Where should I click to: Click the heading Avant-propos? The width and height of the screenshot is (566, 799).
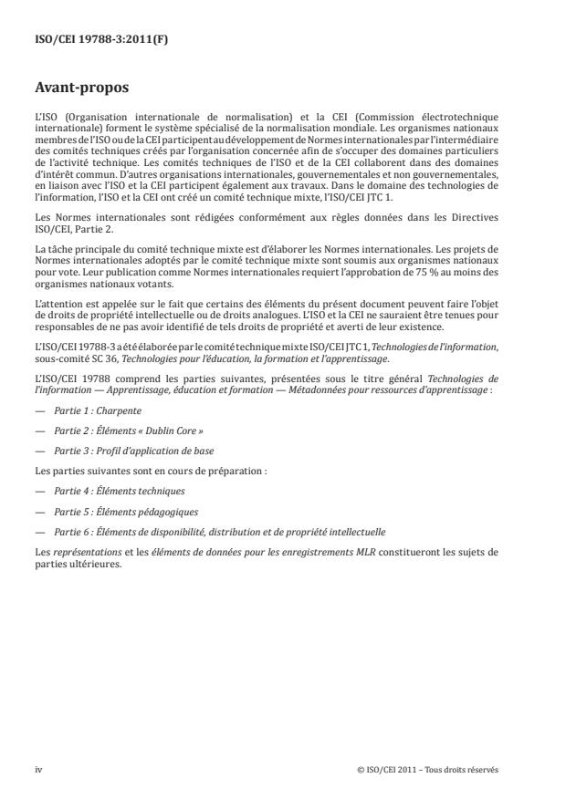tap(83, 88)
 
